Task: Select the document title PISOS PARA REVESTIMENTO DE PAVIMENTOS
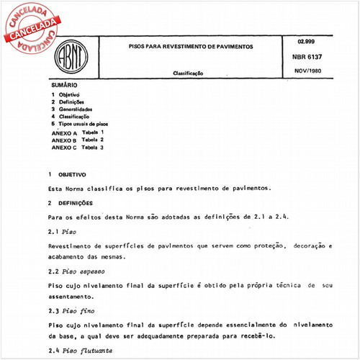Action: (x=185, y=45)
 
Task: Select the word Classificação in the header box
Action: (x=188, y=73)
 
